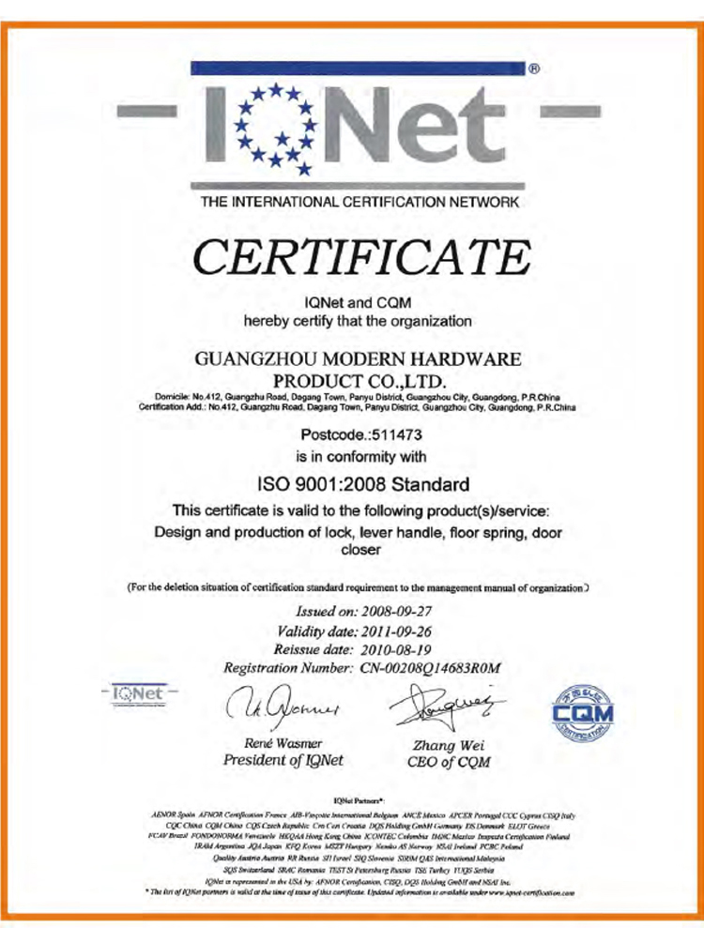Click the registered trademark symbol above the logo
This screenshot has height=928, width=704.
click(x=534, y=68)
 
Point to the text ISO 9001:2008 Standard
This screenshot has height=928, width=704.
click(x=361, y=485)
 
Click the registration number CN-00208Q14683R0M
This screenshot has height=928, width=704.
click(x=433, y=668)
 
